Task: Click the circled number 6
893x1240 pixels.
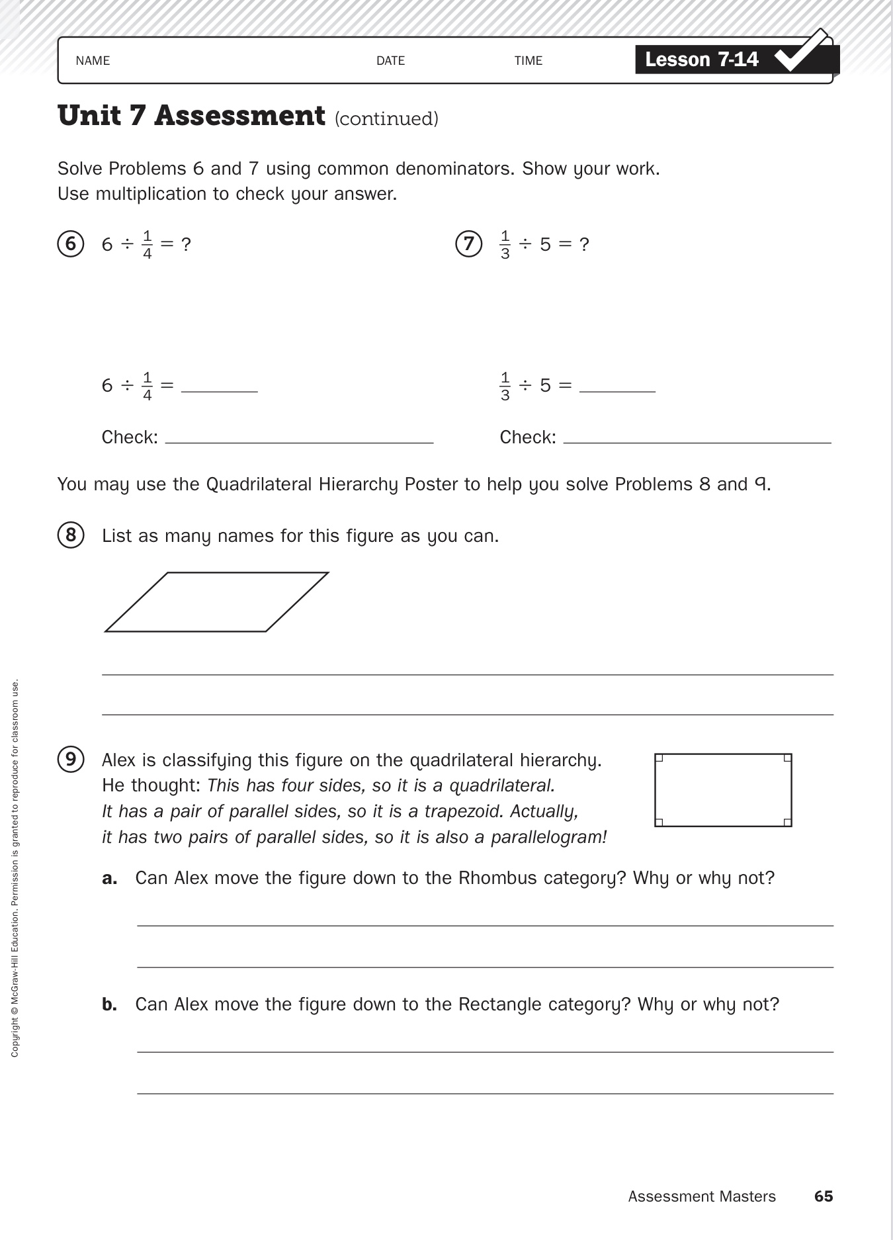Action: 71,244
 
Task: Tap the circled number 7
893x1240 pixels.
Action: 468,244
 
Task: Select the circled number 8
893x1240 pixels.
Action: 71,535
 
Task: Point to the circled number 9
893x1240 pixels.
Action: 71,760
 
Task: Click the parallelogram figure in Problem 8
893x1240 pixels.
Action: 217,602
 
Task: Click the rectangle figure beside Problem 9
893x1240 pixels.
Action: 723,790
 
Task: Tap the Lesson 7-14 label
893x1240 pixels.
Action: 701,60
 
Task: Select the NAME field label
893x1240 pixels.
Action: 93,61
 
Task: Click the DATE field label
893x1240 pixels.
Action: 390,61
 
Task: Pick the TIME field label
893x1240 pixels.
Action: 529,61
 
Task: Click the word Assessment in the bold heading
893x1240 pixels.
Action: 239,116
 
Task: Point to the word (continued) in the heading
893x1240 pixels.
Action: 386,119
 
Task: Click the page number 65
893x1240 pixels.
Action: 824,1196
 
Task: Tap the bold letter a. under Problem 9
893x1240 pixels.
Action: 110,879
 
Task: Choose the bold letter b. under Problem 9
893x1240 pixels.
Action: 110,1004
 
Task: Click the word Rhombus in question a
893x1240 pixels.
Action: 497,878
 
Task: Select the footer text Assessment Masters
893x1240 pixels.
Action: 702,1196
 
